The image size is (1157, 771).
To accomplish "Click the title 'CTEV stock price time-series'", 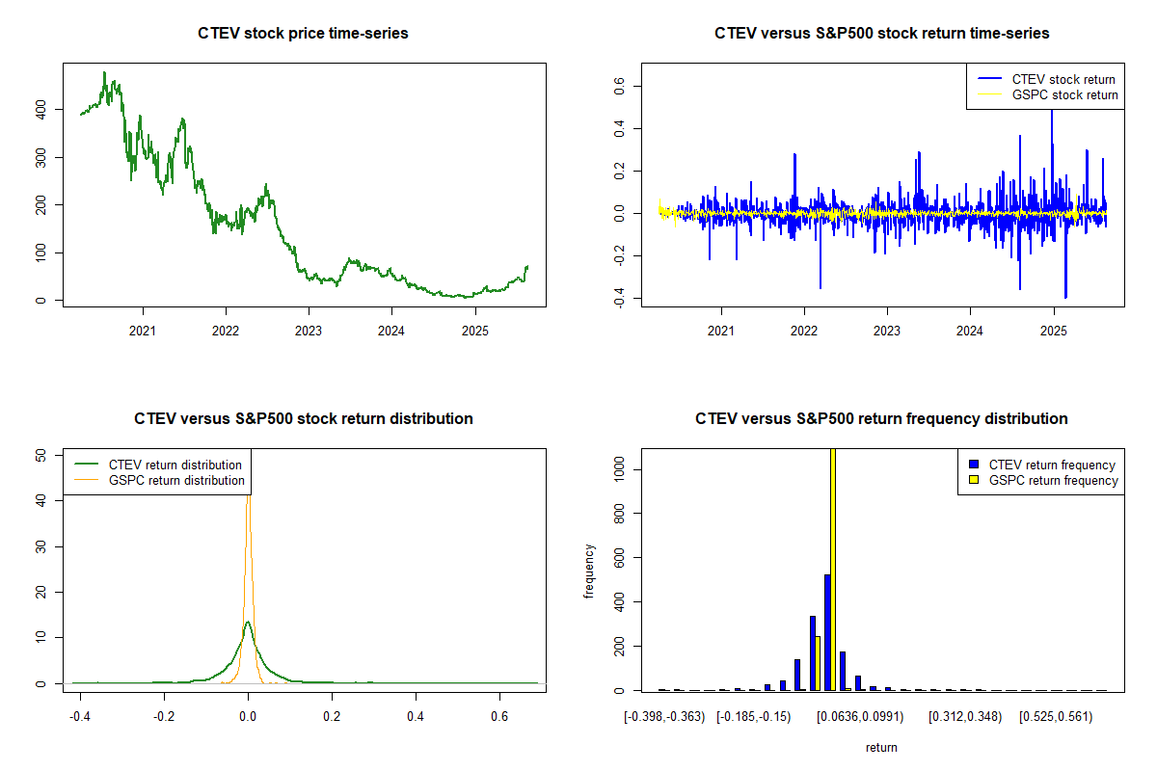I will point(303,34).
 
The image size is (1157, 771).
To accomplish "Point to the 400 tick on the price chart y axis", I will point(40,110).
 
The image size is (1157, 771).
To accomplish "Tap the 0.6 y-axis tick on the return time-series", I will point(618,87).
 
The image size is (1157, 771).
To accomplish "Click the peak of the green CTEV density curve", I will point(248,623).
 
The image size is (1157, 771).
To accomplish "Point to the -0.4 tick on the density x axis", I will point(81,717).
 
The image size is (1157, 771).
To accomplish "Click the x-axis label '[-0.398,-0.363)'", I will point(664,717).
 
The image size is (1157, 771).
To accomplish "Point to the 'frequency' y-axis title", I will point(589,572).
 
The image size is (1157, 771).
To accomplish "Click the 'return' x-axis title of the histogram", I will point(881,747).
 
